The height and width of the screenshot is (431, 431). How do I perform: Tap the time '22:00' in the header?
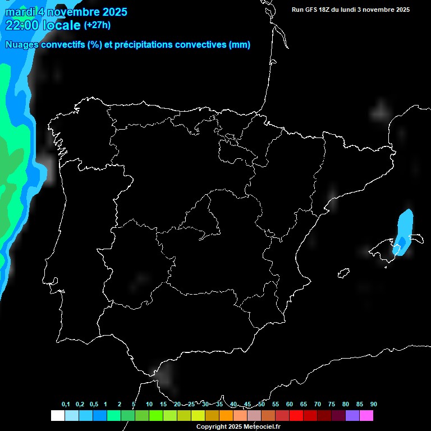(x=22, y=25)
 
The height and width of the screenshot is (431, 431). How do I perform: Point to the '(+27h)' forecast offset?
(x=97, y=25)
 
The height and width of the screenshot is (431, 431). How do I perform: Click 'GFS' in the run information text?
(x=313, y=10)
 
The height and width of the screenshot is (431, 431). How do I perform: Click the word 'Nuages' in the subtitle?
(x=21, y=45)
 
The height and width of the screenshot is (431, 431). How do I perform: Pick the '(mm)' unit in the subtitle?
(x=240, y=45)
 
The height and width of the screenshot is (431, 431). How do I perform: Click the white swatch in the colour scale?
(x=57, y=416)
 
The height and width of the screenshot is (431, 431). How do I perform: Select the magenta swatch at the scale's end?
(x=366, y=416)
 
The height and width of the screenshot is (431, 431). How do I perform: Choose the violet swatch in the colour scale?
(x=352, y=416)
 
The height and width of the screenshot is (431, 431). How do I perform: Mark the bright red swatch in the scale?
(x=296, y=416)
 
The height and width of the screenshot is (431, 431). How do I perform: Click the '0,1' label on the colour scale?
(x=66, y=405)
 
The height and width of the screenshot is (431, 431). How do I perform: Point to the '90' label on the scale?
(x=374, y=405)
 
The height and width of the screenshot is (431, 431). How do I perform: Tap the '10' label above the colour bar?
(x=149, y=405)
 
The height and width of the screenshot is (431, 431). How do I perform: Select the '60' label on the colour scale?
(x=290, y=405)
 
